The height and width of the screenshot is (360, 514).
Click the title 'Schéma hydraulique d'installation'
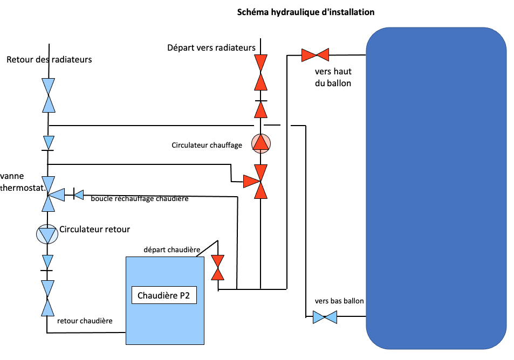click(306, 12)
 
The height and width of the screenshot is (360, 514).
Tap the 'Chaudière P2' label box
click(164, 295)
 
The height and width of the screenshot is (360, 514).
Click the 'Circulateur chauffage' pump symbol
click(261, 143)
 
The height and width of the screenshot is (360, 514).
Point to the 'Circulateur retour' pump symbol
click(47, 235)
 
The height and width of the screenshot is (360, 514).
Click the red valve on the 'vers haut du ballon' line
click(316, 54)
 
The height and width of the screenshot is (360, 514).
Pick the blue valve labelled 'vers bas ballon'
click(325, 317)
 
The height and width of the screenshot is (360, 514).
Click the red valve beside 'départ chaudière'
click(218, 267)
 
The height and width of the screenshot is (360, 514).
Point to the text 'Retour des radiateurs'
click(49, 59)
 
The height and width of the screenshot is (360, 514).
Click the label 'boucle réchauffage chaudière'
click(140, 199)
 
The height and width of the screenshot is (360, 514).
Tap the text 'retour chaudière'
click(85, 321)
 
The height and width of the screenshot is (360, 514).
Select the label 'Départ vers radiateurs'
click(211, 48)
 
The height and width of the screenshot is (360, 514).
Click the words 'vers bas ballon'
click(339, 301)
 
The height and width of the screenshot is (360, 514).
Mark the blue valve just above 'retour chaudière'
click(49, 298)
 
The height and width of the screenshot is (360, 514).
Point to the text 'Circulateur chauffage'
click(207, 145)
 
